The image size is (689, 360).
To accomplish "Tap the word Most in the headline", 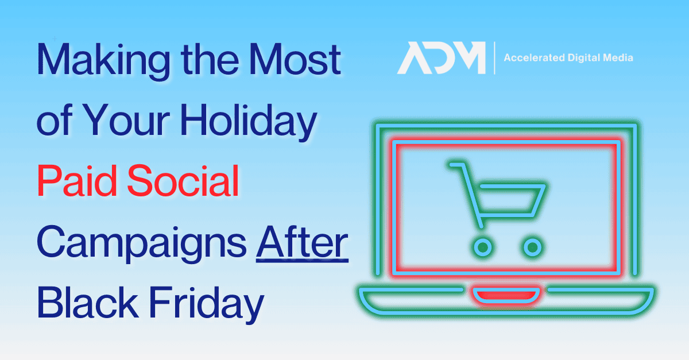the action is coord(295,59).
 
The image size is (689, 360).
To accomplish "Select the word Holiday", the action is coord(249,122).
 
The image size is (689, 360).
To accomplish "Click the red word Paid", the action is coord(77,181).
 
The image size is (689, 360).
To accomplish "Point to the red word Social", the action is coord(183,181).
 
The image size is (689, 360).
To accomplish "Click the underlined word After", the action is coord(302,243).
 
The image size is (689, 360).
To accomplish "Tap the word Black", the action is coord(88,303).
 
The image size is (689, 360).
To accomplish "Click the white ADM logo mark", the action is coord(442,58).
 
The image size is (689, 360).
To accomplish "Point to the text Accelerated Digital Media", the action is coord(568,57).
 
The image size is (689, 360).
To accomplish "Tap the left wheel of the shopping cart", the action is coord(483,247).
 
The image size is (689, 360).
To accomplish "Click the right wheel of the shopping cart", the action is coord(533,247).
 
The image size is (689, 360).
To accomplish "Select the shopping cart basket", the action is coord(510,200).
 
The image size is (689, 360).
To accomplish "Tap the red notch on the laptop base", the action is coord(506,295).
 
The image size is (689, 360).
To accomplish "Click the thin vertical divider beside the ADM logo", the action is coord(494,58).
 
